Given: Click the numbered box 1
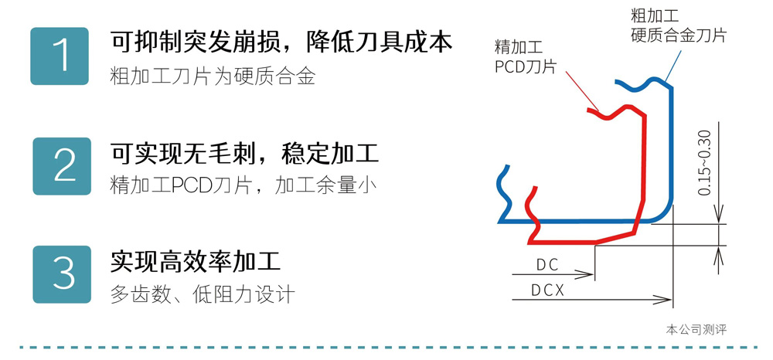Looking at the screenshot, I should click(x=60, y=56).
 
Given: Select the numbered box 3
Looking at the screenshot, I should click(x=60, y=274).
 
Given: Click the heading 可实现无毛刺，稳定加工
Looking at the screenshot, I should click(x=244, y=152).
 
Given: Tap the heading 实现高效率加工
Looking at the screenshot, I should click(x=195, y=260).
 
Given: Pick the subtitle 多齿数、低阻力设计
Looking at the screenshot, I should click(x=203, y=294).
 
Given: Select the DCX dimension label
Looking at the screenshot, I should click(x=548, y=290).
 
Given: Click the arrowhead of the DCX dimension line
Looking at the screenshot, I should click(x=666, y=298).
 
